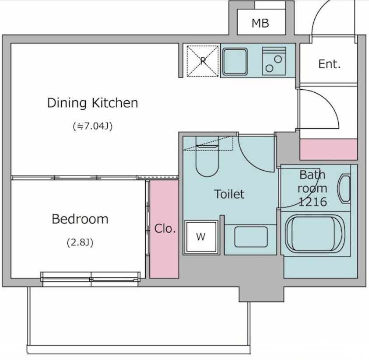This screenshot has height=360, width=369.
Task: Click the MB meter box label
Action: [x=260, y=23]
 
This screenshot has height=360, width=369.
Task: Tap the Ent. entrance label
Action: [x=330, y=64]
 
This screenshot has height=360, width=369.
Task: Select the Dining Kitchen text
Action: [x=92, y=103]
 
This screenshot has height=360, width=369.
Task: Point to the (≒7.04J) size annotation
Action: [x=93, y=126]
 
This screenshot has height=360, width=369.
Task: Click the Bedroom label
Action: [x=80, y=219]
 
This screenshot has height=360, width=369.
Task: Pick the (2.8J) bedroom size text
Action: [x=80, y=242]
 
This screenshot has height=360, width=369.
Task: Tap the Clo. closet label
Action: [x=165, y=228]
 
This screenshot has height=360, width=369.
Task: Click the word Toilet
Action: [x=229, y=194]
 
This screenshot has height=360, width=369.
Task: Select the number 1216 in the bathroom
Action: [x=313, y=202]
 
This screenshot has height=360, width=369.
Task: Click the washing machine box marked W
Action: [x=201, y=237]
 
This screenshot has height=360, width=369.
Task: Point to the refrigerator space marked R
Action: [x=203, y=61]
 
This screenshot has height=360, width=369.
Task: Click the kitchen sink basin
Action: [x=235, y=61]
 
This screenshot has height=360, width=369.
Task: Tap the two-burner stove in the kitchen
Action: [x=274, y=61]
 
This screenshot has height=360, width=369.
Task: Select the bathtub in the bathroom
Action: [x=315, y=234]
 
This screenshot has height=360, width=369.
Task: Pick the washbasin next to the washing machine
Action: [x=251, y=237]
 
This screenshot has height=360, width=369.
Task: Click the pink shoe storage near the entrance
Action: [x=329, y=149]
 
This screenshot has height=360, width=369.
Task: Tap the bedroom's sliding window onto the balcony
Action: [x=91, y=279]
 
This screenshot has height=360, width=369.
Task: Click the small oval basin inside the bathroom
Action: [x=344, y=189]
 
